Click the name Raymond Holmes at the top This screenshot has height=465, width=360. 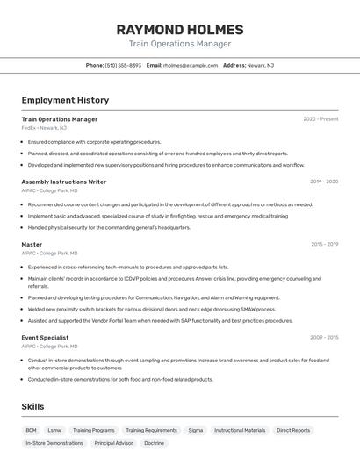180,29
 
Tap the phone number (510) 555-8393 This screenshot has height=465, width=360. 123,65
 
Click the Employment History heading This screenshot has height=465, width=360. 65,100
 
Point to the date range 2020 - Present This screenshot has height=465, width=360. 320,119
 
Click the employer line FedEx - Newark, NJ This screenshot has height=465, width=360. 44,128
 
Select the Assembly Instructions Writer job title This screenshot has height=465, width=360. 64,182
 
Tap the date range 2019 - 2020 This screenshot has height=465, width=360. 323,182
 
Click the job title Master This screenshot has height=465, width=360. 32,245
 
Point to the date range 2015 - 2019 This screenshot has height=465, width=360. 324,245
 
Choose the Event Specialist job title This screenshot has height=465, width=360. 45,337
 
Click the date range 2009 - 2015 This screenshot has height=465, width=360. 324,337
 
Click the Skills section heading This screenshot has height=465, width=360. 32,407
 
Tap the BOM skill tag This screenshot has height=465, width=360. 31,431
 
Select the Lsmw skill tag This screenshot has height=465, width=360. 54,431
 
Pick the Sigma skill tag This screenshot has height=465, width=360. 195,431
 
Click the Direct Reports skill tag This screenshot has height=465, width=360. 293,431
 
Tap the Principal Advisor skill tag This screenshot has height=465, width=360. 114,444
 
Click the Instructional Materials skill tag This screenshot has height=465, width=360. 240,431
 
